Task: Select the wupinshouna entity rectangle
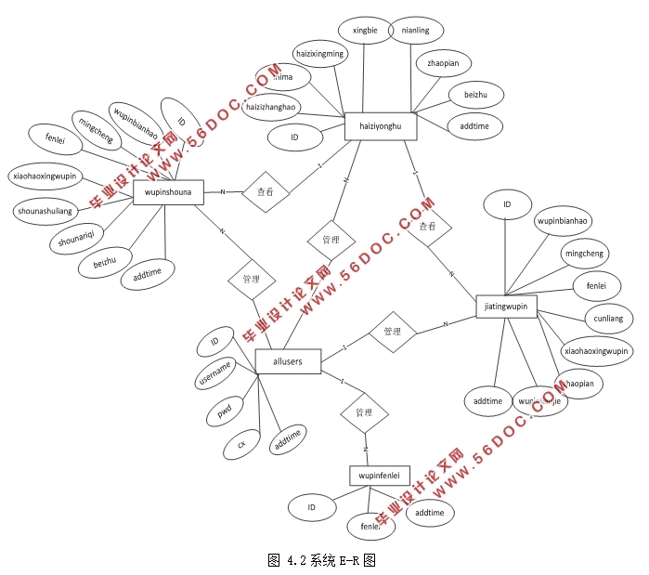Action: [x=168, y=191]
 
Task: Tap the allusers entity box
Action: [x=288, y=361]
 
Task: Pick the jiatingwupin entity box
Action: [x=506, y=306]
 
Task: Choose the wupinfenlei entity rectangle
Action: [x=380, y=476]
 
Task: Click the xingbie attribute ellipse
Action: [x=365, y=31]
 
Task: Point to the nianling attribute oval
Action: [x=415, y=31]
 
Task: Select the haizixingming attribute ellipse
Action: [x=318, y=54]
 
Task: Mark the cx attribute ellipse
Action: [x=241, y=445]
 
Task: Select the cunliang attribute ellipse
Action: [x=609, y=319]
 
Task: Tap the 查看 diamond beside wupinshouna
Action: [x=265, y=192]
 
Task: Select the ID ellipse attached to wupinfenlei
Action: [x=312, y=507]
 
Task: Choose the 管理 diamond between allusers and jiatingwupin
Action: [x=392, y=331]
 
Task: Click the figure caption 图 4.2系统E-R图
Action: [x=321, y=560]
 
